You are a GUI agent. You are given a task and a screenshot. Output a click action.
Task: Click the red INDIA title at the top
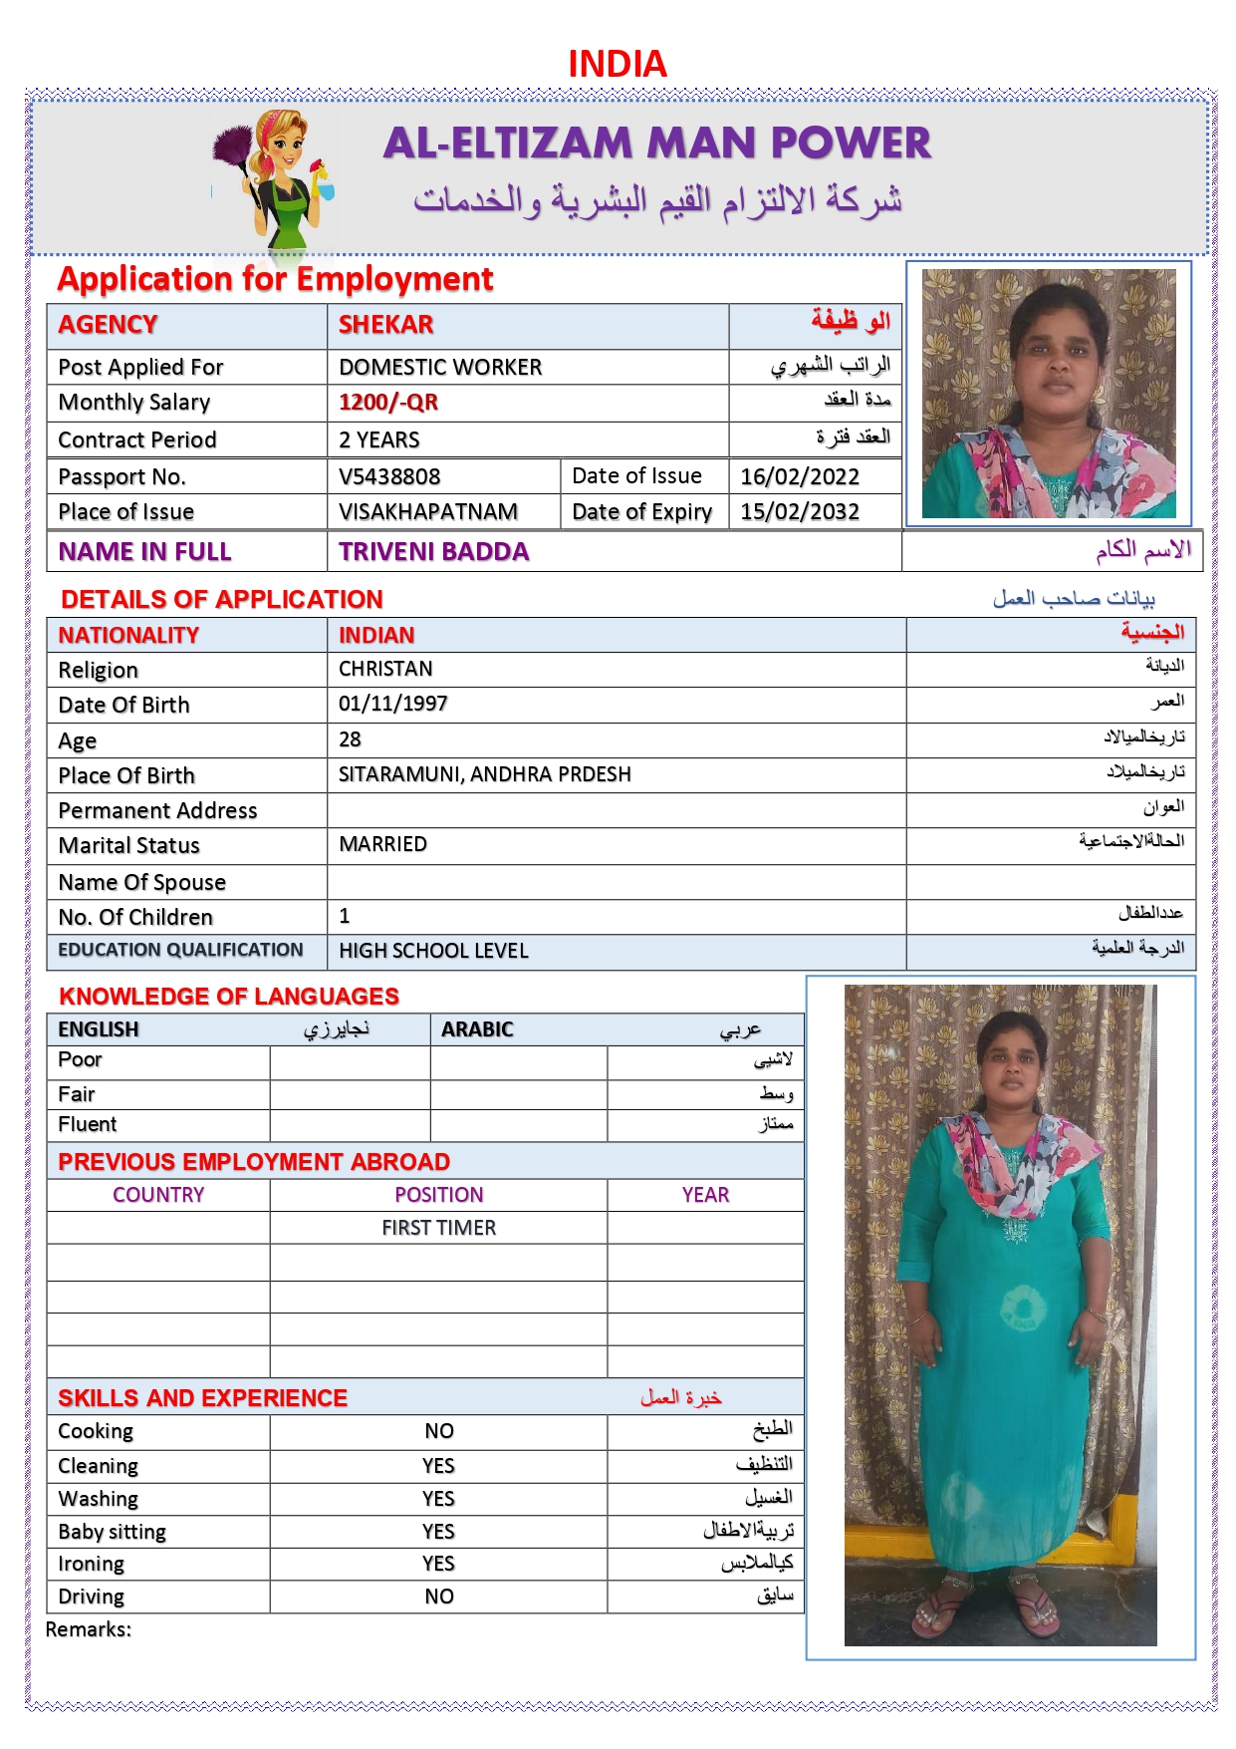pyautogui.click(x=617, y=65)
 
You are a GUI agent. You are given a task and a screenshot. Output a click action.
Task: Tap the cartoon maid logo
pyautogui.click(x=275, y=179)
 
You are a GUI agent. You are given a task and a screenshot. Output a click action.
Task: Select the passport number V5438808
pyautogui.click(x=389, y=476)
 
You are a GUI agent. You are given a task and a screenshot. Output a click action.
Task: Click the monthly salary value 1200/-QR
pyautogui.click(x=388, y=403)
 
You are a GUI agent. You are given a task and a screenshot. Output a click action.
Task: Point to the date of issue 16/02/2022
pyautogui.click(x=799, y=476)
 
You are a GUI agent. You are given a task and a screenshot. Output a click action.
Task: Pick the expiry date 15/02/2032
pyautogui.click(x=799, y=512)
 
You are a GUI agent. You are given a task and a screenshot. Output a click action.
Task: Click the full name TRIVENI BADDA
pyautogui.click(x=433, y=552)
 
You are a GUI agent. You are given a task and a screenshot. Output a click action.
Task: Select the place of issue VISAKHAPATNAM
pyautogui.click(x=428, y=512)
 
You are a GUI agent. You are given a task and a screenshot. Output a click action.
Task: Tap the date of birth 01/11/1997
pyautogui.click(x=393, y=705)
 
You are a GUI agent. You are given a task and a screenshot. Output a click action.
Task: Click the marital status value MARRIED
pyautogui.click(x=382, y=845)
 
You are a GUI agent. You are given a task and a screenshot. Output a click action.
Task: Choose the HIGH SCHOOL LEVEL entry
pyautogui.click(x=433, y=952)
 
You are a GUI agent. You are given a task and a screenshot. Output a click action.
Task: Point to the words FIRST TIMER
pyautogui.click(x=438, y=1228)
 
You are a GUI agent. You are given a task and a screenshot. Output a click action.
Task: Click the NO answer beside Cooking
pyautogui.click(x=438, y=1431)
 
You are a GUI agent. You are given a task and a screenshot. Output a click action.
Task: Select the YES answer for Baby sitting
pyautogui.click(x=438, y=1532)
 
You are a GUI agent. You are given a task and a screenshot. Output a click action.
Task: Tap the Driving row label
pyautogui.click(x=92, y=1597)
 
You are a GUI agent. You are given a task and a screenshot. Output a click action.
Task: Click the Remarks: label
pyautogui.click(x=89, y=1629)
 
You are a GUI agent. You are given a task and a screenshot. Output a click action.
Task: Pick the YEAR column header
pyautogui.click(x=705, y=1195)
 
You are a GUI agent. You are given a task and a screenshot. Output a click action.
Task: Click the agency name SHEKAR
pyautogui.click(x=385, y=325)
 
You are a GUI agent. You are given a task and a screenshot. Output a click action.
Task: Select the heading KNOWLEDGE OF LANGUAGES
pyautogui.click(x=229, y=997)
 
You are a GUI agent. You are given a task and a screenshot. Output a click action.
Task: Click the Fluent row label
pyautogui.click(x=88, y=1124)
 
